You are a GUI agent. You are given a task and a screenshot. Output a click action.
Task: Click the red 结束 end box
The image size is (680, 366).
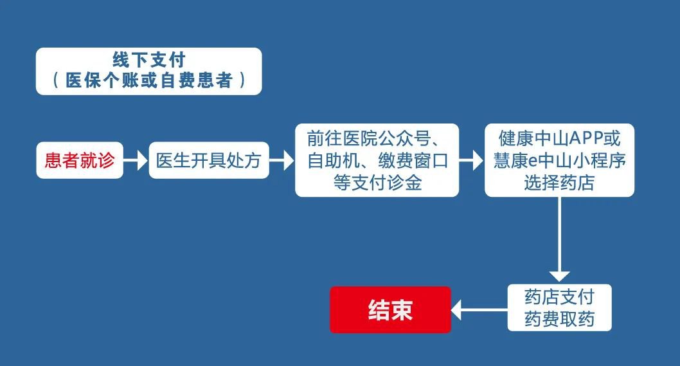pyautogui.click(x=390, y=310)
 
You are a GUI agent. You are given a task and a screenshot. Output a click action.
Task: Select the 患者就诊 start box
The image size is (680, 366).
pyautogui.click(x=80, y=160)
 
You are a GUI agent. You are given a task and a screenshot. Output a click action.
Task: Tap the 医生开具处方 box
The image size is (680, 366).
pyautogui.click(x=209, y=160)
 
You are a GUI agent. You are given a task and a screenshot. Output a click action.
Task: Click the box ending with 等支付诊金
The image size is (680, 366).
pyautogui.click(x=377, y=160)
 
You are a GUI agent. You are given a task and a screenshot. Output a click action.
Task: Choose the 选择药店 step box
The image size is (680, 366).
pyautogui.click(x=559, y=160)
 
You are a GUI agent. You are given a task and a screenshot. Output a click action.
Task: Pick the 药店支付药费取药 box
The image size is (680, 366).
pyautogui.click(x=559, y=307)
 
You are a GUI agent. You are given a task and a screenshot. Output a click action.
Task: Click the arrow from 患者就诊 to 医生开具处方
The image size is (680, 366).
pyautogui.click(x=135, y=160)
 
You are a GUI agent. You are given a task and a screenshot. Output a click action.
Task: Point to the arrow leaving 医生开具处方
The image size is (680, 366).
pyautogui.click(x=282, y=160)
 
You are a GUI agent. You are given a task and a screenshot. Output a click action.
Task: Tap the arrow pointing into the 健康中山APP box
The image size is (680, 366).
pyautogui.click(x=471, y=160)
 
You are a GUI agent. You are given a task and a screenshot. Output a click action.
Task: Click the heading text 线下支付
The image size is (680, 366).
pyautogui.click(x=148, y=60)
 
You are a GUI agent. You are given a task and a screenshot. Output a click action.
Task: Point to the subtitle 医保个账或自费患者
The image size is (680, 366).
pyautogui.click(x=148, y=81)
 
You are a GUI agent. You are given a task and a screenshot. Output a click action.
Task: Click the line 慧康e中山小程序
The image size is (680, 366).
pyautogui.click(x=559, y=160)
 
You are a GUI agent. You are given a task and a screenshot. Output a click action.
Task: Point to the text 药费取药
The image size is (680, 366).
pyautogui.click(x=559, y=319)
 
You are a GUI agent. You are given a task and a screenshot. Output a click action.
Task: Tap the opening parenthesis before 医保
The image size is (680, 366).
pyautogui.click(x=56, y=81)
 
